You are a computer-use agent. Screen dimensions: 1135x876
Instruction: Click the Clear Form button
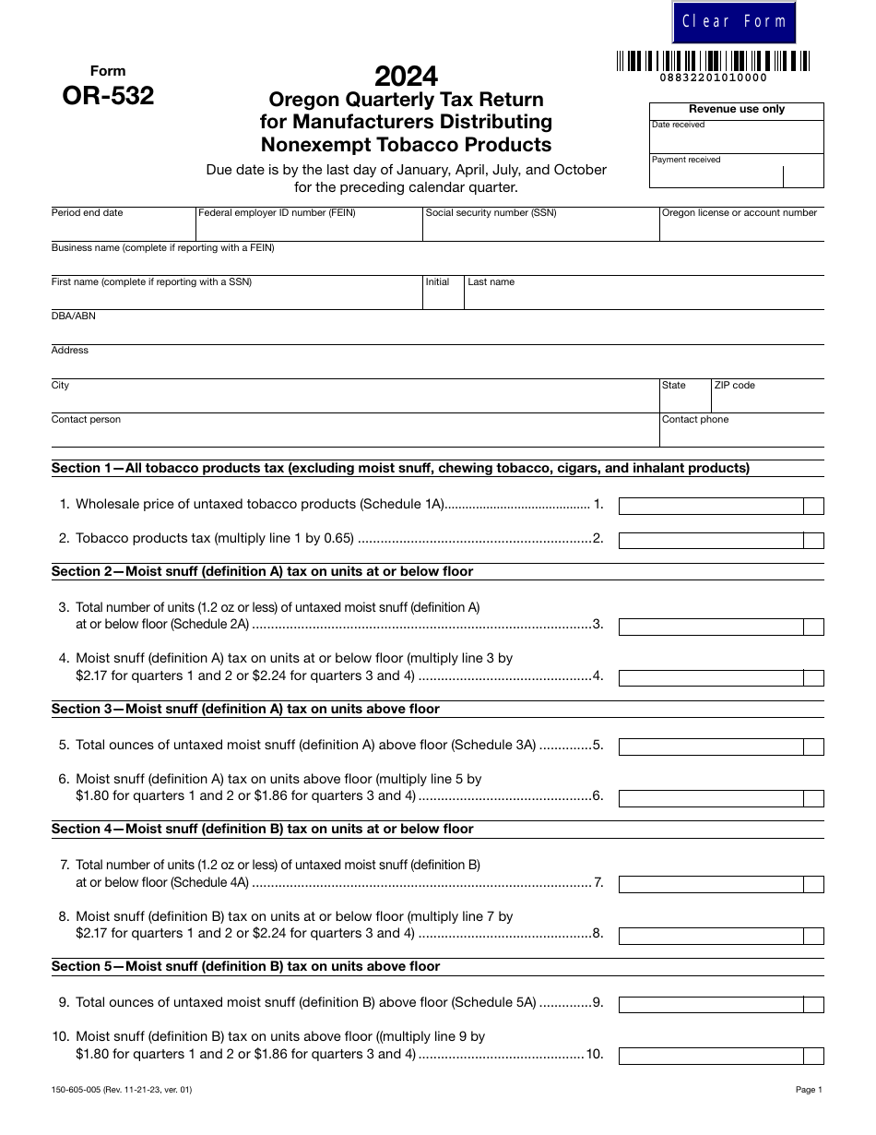pyautogui.click(x=734, y=22)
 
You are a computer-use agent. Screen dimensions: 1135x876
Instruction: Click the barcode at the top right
pyautogui.click(x=713, y=62)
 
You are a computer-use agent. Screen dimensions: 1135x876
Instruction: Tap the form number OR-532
pyautogui.click(x=108, y=95)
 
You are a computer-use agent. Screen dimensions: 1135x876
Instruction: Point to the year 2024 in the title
pyautogui.click(x=406, y=76)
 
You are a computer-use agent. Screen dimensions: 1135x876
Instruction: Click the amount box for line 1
pyautogui.click(x=711, y=506)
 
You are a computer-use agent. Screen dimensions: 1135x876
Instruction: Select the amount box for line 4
pyautogui.click(x=711, y=678)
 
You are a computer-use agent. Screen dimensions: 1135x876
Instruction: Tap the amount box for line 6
pyautogui.click(x=711, y=798)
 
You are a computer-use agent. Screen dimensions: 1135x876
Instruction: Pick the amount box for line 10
pyautogui.click(x=711, y=1057)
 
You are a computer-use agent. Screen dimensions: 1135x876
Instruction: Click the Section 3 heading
pyautogui.click(x=245, y=710)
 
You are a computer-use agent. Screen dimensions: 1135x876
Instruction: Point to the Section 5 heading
pyautogui.click(x=245, y=967)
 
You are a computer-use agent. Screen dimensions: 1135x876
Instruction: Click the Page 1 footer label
pyautogui.click(x=809, y=1090)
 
